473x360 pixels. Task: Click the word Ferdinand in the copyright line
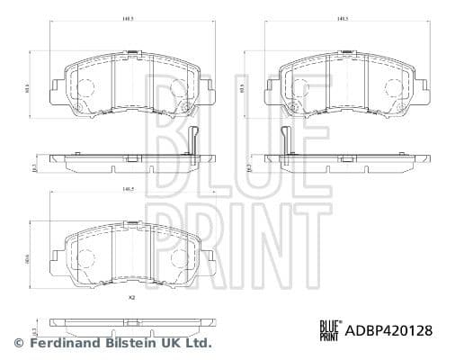point(61,344)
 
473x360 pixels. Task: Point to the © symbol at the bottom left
point(19,344)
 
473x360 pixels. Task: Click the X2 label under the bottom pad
point(131,297)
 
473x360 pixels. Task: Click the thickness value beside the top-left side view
point(33,166)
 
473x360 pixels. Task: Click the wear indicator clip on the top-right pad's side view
point(285,143)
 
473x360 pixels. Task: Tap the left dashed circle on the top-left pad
point(87,88)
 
